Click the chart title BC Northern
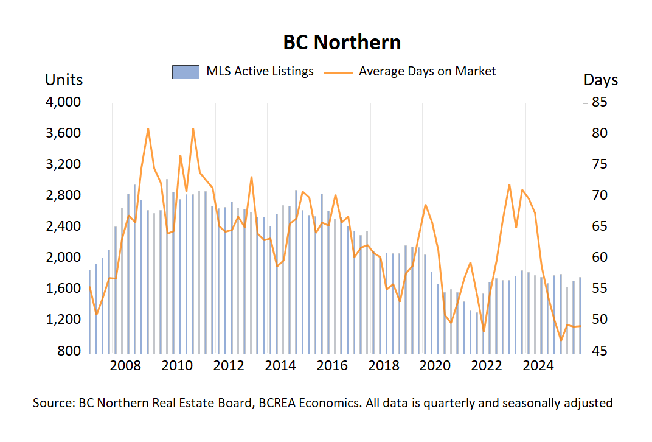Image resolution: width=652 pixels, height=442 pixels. (x=342, y=43)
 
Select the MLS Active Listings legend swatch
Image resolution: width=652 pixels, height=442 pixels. (x=186, y=72)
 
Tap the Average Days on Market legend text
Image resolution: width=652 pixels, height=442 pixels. (x=427, y=71)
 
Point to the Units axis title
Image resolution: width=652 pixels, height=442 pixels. (x=64, y=80)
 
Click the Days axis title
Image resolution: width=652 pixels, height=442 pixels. (x=600, y=80)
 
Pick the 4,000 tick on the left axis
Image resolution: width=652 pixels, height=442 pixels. (x=63, y=103)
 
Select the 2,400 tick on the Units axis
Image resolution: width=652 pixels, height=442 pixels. (x=63, y=227)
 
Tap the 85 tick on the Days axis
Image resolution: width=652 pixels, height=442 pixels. (x=600, y=103)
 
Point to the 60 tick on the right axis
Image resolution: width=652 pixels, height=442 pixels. (x=600, y=258)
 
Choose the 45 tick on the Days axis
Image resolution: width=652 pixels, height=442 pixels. (x=600, y=351)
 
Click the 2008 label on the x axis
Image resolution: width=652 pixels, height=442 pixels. (x=126, y=366)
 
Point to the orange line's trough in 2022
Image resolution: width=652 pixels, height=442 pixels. (x=484, y=332)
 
